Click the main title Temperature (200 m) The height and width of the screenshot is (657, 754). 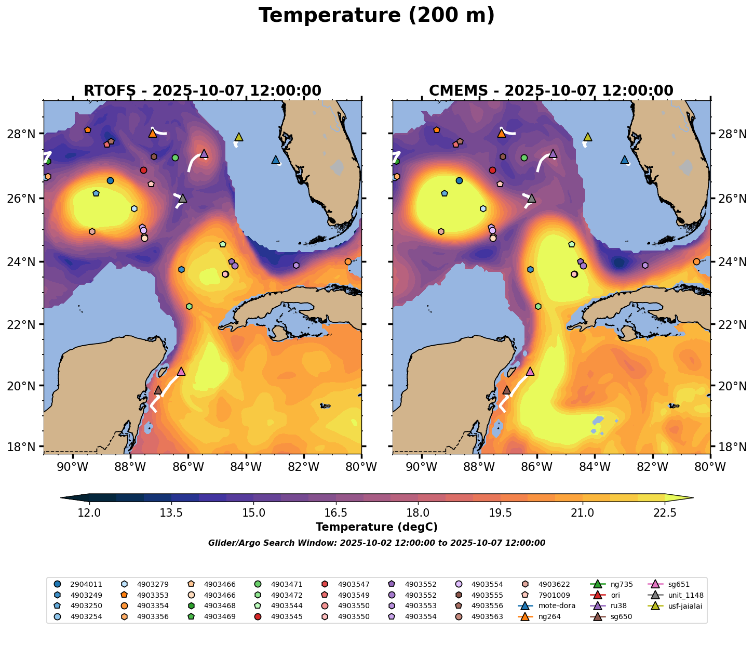coord(376,16)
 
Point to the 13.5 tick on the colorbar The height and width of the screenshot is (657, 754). coord(171,513)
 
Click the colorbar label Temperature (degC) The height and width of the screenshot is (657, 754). coord(376,527)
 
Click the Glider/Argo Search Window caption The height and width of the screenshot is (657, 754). coord(376,543)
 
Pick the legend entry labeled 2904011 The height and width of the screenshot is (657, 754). coord(83,584)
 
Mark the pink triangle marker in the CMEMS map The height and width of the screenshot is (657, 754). coord(530,371)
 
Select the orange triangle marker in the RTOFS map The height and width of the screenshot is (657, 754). coord(152,134)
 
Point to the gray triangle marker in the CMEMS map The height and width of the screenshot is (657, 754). coord(531,199)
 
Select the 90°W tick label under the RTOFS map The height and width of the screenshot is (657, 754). coord(72,467)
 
